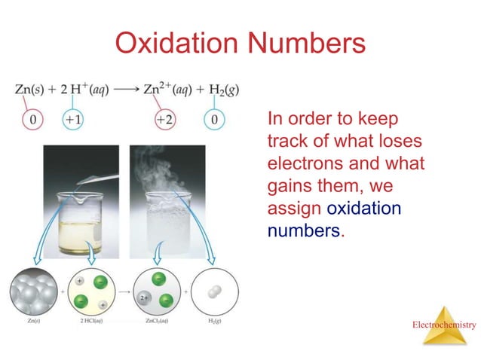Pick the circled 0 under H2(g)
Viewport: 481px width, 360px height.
pyautogui.click(x=215, y=120)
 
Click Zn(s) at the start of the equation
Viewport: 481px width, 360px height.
pyautogui.click(x=32, y=90)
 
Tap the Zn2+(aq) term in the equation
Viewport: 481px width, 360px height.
pyautogui.click(x=168, y=90)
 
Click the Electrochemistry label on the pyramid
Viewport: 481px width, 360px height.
pyautogui.click(x=444, y=325)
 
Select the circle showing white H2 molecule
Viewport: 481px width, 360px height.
pyautogui.click(x=216, y=291)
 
